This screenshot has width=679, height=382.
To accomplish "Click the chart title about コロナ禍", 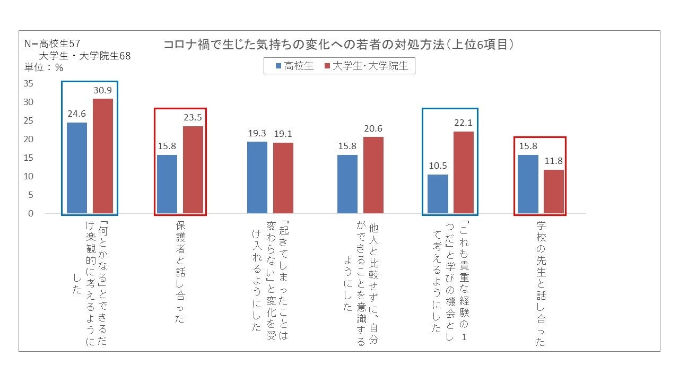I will point(339,45).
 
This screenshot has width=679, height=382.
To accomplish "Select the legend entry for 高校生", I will point(294,66).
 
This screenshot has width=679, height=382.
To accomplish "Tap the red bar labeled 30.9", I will point(103,156).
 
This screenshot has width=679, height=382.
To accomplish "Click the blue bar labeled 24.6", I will point(76,168).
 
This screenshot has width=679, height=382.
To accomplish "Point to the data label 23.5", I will point(193,118).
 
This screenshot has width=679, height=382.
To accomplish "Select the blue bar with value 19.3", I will point(257,177).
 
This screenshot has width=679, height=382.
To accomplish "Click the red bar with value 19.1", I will point(283,178).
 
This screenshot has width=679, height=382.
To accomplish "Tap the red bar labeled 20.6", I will point(373,175).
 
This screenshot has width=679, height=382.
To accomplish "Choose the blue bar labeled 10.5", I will point(437,194).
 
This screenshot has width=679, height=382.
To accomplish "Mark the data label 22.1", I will point(463,123).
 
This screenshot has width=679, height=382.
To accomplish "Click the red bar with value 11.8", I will point(554,192).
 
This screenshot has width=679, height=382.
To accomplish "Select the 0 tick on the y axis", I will point(31,214).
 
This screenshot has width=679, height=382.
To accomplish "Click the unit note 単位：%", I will point(44,68).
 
